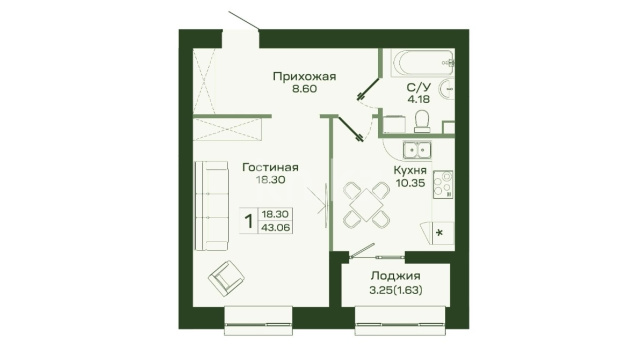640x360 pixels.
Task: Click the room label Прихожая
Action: click(x=304, y=77)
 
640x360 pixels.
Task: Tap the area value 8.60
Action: click(x=304, y=89)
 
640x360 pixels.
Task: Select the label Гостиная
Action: click(x=270, y=167)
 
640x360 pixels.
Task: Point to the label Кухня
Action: click(x=410, y=170)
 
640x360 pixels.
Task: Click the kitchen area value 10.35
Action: click(x=411, y=183)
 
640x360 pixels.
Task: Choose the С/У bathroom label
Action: click(x=418, y=87)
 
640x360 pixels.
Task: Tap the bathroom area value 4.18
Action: click(x=418, y=99)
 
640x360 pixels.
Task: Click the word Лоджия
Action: click(x=396, y=276)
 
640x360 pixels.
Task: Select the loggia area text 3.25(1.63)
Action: click(x=396, y=290)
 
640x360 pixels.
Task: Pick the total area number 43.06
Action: click(x=276, y=227)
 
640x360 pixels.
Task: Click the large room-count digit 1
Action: click(x=249, y=222)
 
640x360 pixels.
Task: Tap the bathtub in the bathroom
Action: click(x=423, y=63)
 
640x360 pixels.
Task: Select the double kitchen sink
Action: click(x=417, y=150)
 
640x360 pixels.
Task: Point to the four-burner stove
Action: click(x=443, y=184)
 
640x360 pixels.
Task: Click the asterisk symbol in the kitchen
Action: click(x=439, y=233)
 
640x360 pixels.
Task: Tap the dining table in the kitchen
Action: click(x=366, y=205)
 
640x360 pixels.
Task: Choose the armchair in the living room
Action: click(x=226, y=279)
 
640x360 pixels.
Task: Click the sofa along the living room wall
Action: click(x=211, y=206)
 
